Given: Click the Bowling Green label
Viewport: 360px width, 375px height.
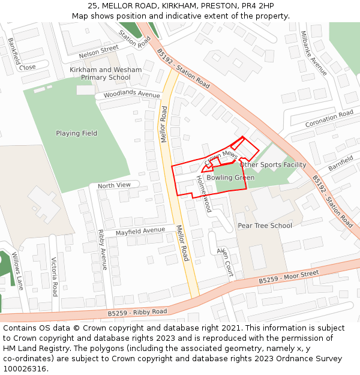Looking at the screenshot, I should [230, 178].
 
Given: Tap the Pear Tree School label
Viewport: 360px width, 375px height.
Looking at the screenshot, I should [265, 226].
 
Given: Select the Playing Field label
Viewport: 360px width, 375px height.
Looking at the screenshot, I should [76, 133].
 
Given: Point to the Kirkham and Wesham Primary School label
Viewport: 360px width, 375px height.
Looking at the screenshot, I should [106, 74].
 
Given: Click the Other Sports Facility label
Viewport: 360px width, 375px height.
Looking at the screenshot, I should [272, 164].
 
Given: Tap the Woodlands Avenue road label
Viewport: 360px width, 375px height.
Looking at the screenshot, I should [131, 94].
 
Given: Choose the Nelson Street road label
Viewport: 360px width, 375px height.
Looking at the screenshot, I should [99, 52].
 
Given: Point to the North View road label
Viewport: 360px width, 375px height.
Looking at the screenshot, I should [114, 185].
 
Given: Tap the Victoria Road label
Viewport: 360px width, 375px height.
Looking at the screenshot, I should [55, 277].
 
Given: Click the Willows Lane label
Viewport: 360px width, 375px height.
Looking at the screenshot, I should [17, 271].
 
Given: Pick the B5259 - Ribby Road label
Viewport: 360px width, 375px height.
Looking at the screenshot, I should [137, 312].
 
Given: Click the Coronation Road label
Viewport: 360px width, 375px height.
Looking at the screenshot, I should [329, 118].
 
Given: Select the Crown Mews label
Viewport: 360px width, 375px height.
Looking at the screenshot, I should [221, 158].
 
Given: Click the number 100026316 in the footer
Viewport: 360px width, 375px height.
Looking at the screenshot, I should [24, 369].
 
